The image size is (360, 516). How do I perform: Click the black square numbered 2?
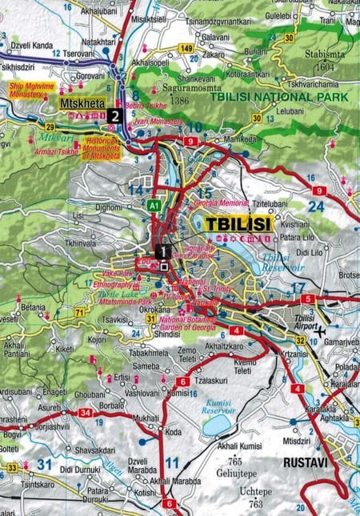[x=117, y=115]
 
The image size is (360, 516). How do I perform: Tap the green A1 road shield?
[x=154, y=205]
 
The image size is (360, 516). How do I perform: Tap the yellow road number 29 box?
[x=50, y=127]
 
